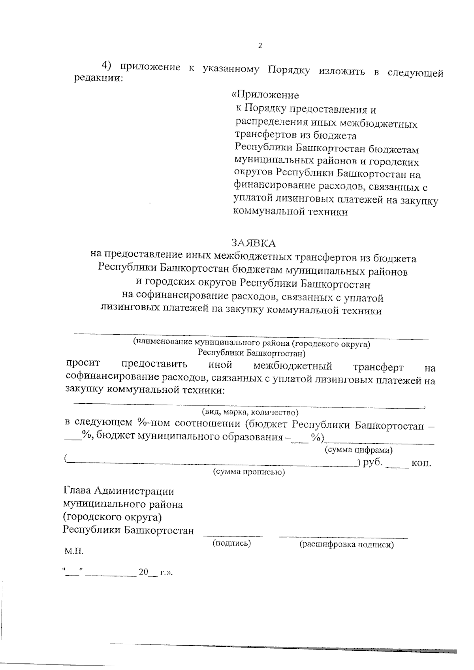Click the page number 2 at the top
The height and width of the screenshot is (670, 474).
point(260,46)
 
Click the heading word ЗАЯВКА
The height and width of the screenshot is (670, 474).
point(253,242)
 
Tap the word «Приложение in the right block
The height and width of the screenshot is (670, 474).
point(265,95)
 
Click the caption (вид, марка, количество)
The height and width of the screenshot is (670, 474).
point(250,412)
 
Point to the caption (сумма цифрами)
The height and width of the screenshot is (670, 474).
point(358,450)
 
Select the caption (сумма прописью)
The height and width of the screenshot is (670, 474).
point(249,472)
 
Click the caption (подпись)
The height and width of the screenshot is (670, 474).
point(232,543)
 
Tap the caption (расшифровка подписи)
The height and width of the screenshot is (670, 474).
point(346,545)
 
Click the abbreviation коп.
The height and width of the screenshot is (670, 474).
point(421,463)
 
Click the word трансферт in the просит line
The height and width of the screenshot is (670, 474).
point(378,367)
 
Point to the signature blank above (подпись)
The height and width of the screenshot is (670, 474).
point(233,536)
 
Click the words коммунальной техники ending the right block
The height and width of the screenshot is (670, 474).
point(291,212)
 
